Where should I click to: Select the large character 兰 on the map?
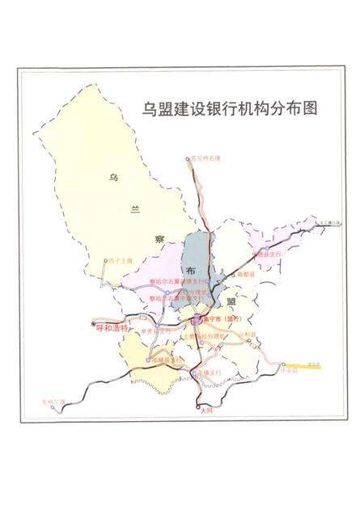click(134, 208)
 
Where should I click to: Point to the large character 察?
click(159, 239)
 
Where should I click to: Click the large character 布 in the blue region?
click(192, 270)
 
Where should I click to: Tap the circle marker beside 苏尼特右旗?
click(188, 159)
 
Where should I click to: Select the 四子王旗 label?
click(121, 260)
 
